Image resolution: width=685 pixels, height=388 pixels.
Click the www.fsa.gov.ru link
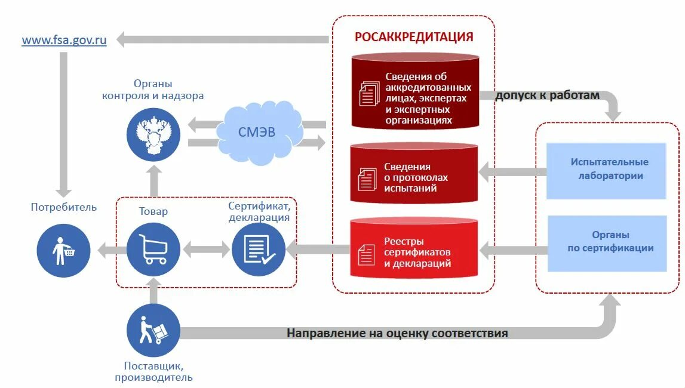[64, 41]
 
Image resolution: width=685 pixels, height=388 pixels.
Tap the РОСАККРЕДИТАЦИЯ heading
[414, 37]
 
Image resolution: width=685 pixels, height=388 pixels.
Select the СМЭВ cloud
[257, 132]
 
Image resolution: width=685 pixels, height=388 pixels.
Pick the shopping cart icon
[153, 249]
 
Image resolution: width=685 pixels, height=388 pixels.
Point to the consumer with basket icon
[63, 250]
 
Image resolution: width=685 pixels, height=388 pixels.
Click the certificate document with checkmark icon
[259, 249]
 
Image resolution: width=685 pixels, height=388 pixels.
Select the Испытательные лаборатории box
[606, 170]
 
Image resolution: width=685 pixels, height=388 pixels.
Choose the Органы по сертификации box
[607, 242]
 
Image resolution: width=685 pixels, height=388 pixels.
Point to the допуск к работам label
[547, 96]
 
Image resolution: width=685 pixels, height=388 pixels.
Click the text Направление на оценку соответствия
[397, 333]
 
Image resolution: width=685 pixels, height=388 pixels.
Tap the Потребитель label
[63, 207]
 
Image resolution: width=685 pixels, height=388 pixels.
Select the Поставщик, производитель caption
[153, 371]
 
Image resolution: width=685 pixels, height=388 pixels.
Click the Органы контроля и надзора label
[153, 90]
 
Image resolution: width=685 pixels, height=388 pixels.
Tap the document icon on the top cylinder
[369, 93]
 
